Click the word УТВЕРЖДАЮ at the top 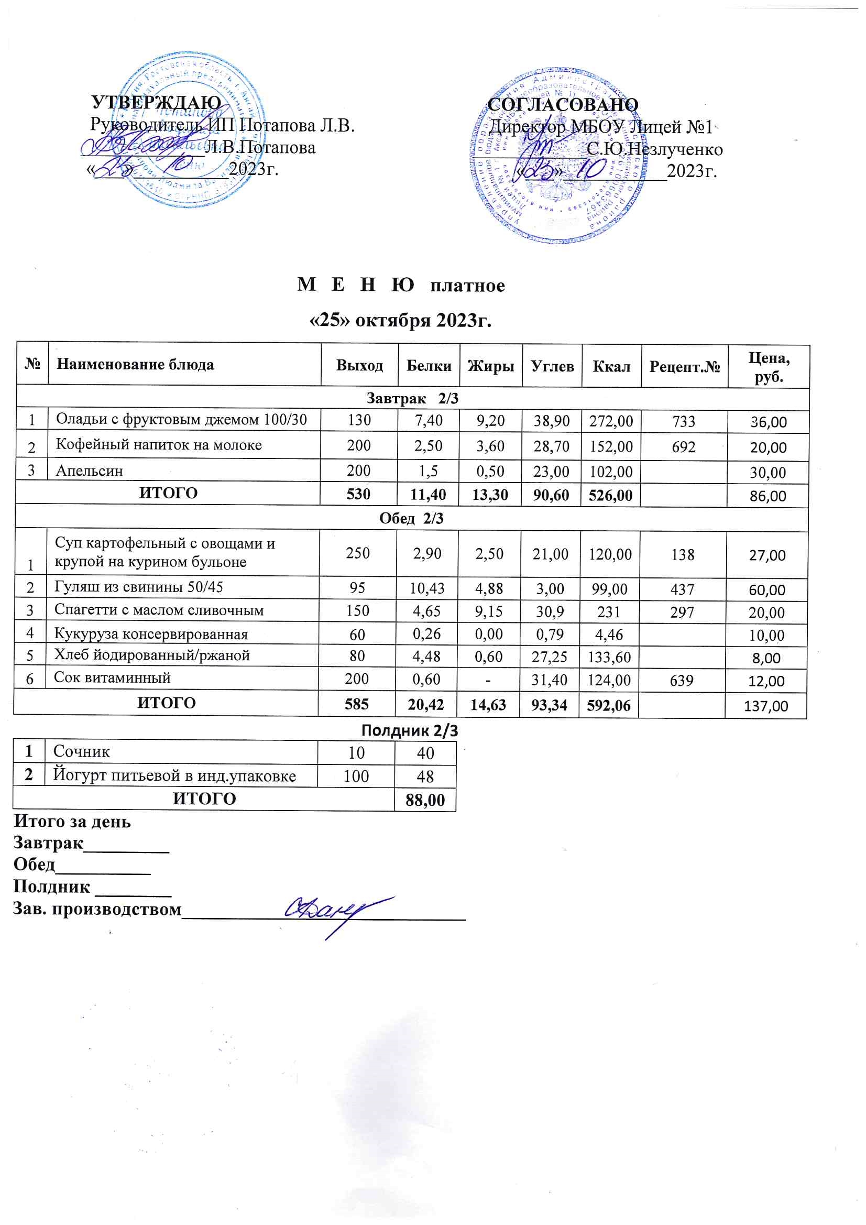tap(156, 103)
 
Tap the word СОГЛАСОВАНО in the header tap(563, 105)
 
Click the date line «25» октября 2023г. tap(401, 320)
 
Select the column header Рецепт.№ tap(685, 367)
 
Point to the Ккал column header tap(611, 367)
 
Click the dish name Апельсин tap(90, 471)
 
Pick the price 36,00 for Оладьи tap(769, 422)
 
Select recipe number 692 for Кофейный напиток tap(684, 446)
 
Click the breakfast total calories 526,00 tap(610, 495)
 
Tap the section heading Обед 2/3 tap(411, 519)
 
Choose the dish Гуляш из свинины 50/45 tap(139, 587)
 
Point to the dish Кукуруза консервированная tap(151, 635)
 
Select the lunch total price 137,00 tap(766, 706)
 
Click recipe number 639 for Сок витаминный tap(682, 680)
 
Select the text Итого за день tap(72, 821)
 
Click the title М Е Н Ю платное tap(401, 286)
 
